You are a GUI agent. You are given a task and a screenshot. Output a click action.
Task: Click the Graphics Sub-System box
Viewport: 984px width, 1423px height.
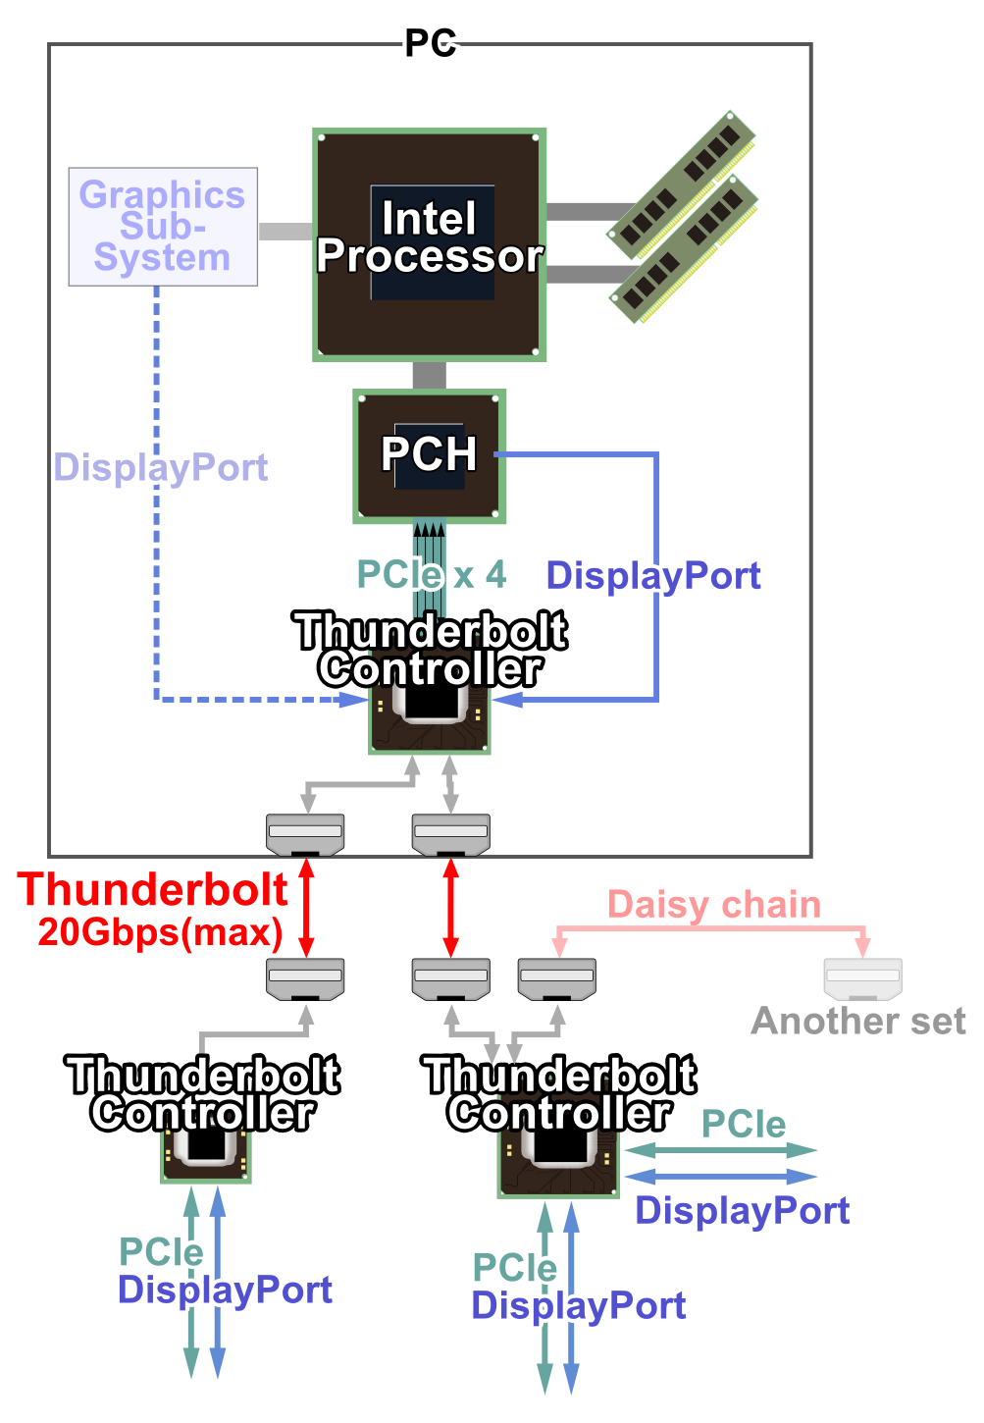pos(163,227)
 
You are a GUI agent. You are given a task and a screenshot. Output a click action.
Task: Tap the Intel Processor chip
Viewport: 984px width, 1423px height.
pos(429,244)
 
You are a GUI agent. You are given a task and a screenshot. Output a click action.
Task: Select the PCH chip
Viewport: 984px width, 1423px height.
pos(429,455)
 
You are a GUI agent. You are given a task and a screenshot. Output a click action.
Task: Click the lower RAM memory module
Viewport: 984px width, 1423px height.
pos(685,249)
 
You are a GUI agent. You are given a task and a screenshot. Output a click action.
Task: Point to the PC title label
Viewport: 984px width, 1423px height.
pos(431,44)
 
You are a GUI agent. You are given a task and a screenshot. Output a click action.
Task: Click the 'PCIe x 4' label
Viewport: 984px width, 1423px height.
pos(432,574)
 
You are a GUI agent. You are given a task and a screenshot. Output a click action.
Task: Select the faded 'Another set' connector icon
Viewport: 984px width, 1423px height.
pos(862,977)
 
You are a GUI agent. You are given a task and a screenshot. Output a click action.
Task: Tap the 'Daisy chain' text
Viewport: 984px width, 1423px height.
pos(713,905)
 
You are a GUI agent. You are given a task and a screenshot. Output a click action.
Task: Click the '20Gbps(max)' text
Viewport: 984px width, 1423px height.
pos(160,932)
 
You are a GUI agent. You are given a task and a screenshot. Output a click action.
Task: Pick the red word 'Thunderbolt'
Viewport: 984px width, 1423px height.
pos(153,890)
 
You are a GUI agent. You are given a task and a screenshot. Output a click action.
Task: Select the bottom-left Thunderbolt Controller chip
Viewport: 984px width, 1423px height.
pos(206,1153)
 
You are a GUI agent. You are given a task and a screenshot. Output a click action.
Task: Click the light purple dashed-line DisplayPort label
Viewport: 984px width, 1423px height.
pos(161,468)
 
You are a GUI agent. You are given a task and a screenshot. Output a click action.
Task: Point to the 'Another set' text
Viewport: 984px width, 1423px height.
pos(858,1022)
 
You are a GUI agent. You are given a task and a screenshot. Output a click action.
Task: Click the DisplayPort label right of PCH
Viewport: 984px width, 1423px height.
pos(653,576)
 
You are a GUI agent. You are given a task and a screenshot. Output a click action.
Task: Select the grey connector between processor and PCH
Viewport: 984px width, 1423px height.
pos(429,376)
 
